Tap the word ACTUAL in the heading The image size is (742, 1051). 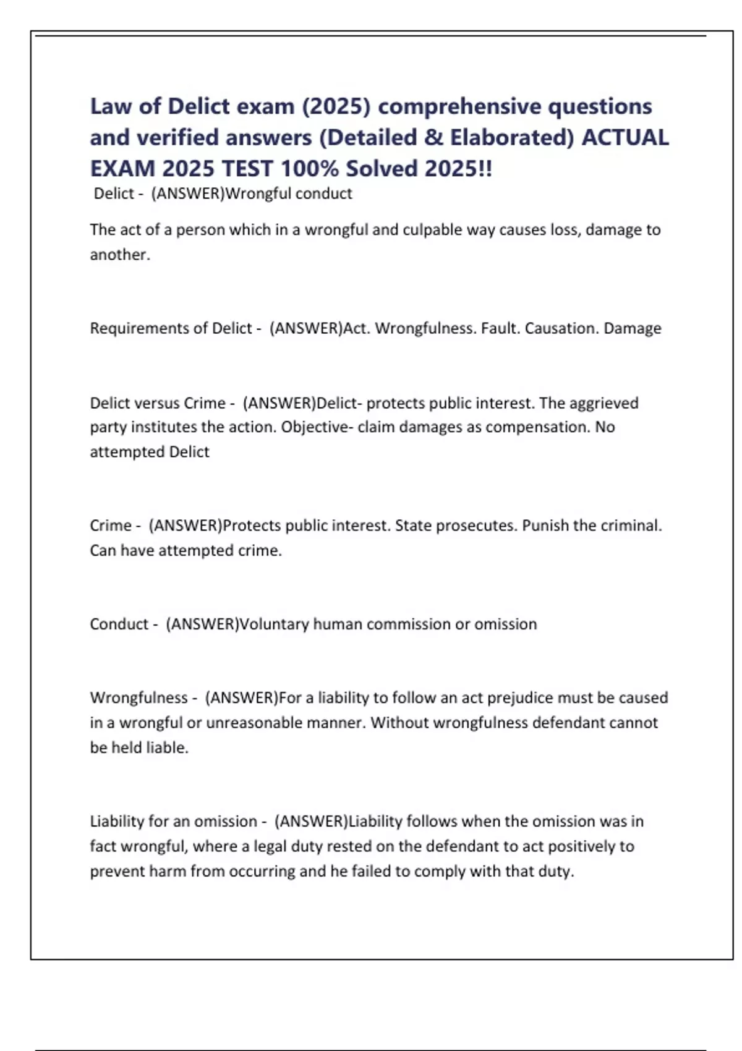coord(625,138)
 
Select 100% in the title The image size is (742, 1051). coord(310,169)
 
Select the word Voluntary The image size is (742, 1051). coord(274,624)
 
